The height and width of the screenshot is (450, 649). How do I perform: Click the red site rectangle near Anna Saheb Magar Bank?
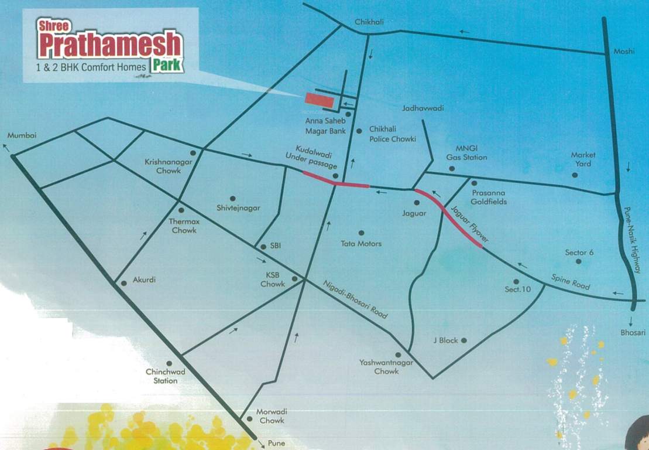point(318,100)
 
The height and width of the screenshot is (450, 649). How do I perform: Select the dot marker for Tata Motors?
point(361,233)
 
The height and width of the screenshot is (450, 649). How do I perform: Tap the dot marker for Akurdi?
point(124,283)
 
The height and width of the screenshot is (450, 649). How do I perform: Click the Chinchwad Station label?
point(162,376)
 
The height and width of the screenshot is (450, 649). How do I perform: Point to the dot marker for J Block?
point(463,340)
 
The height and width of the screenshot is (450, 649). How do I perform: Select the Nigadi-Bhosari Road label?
point(356,299)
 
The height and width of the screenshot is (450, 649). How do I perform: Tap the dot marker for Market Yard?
point(575,175)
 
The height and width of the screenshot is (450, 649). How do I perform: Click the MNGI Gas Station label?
point(466,153)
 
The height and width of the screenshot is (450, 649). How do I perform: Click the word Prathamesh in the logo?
point(110,46)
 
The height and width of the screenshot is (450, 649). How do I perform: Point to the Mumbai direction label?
point(21,136)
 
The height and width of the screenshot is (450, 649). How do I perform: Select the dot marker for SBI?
point(263,247)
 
